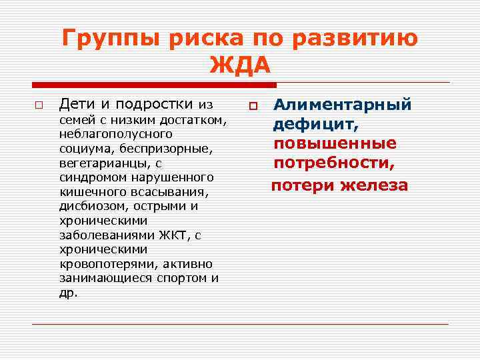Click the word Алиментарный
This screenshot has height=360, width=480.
(343, 105)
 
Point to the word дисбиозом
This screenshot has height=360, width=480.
(90, 206)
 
